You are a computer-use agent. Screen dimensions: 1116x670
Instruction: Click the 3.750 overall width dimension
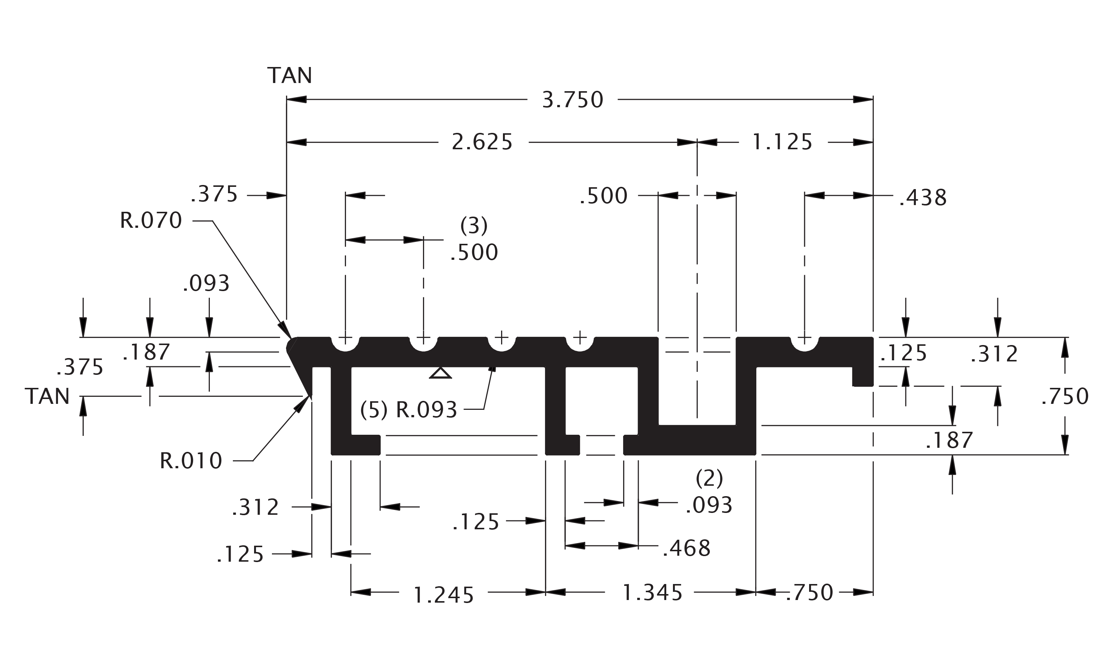coord(573,100)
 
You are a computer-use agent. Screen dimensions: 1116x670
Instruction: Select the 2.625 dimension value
coord(482,142)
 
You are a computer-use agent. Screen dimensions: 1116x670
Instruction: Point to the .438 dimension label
coord(923,198)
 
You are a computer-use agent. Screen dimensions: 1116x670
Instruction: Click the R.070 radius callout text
coord(151,221)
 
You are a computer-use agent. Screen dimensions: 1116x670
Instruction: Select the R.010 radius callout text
coord(191,461)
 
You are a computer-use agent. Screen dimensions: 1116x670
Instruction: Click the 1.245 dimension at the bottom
coord(443,595)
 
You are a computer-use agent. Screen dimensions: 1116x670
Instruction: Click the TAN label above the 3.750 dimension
coord(289,76)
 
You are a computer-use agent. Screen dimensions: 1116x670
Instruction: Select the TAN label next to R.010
coord(47,396)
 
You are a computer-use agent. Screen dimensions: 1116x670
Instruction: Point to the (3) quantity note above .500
coord(474,226)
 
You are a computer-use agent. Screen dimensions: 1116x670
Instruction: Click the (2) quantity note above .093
coord(709,479)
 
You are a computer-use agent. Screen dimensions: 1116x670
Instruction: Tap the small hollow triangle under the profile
coord(440,373)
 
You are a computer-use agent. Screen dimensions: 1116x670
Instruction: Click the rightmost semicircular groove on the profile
coord(804,345)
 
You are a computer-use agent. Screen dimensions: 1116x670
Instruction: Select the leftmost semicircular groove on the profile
coord(345,345)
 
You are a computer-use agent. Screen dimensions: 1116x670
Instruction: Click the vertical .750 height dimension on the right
coord(1065,397)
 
